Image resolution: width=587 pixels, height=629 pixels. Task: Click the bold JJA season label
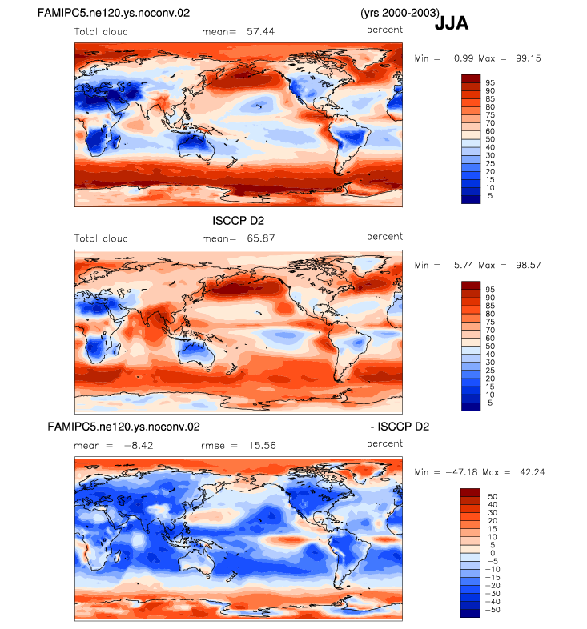point(452,23)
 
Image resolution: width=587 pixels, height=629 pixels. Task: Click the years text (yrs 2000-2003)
point(400,14)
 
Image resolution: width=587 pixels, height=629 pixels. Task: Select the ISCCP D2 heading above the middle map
point(238,221)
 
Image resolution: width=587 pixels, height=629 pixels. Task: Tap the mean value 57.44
point(260,32)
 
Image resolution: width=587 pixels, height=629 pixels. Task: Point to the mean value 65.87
point(261,238)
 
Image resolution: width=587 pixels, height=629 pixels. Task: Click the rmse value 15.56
point(262,446)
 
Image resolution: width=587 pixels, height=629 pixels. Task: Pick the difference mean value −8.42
point(139,446)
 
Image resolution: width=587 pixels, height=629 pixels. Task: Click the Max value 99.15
point(529,58)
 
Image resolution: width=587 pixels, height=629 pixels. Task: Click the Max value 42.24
point(533,473)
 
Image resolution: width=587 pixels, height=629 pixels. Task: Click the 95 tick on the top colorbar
point(490,82)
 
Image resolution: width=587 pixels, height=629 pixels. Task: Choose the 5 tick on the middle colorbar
point(490,403)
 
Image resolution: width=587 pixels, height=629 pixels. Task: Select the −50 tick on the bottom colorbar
point(493,610)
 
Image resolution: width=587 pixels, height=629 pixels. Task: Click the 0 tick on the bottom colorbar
point(493,553)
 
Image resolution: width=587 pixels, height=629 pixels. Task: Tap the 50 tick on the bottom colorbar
point(493,497)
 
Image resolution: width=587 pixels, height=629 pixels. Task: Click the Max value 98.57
point(529,266)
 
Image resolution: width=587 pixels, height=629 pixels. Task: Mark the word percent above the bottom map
point(384,443)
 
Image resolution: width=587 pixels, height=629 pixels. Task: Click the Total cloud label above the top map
point(101,32)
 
